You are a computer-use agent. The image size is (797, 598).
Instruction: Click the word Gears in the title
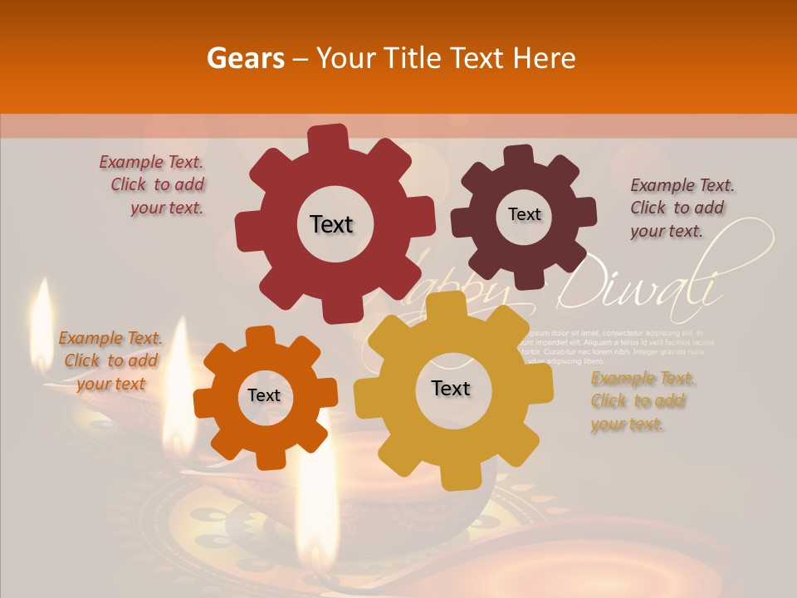[245, 58]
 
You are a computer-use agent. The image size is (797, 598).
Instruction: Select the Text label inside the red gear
[331, 224]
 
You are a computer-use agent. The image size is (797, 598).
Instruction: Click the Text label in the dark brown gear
[524, 214]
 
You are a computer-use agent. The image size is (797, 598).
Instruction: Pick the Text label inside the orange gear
[264, 395]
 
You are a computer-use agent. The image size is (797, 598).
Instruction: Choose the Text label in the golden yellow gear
[451, 388]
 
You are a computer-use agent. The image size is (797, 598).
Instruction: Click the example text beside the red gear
[154, 185]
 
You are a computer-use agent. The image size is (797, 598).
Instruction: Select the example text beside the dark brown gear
[681, 208]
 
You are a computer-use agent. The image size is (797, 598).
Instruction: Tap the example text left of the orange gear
[110, 360]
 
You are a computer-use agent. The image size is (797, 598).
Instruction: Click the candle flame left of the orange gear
[178, 390]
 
